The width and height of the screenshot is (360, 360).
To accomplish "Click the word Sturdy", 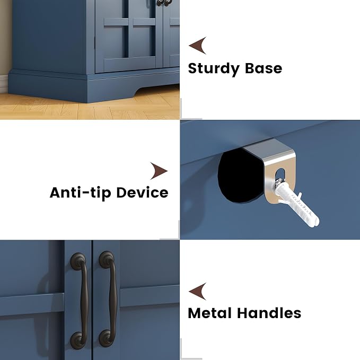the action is tap(214, 69).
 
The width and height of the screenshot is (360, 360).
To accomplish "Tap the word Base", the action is tap(264, 68).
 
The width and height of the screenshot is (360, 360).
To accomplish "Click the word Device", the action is tap(142, 192).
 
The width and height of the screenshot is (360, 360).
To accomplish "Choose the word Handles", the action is tap(269, 313).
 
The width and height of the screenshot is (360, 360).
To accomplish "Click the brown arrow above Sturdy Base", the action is tap(198, 46).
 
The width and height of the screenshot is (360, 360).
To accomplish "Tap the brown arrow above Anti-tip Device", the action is tap(159, 171).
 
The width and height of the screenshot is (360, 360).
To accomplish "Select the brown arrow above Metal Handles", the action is tap(198, 292).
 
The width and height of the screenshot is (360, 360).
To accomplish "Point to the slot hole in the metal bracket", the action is tap(280, 175).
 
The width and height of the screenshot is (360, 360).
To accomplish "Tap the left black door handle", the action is tap(81, 300).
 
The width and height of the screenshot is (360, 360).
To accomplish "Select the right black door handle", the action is tap(110, 298).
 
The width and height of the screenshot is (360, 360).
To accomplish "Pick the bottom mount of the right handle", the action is tap(107, 338).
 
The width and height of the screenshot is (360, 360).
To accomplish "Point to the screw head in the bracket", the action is tap(279, 182).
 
